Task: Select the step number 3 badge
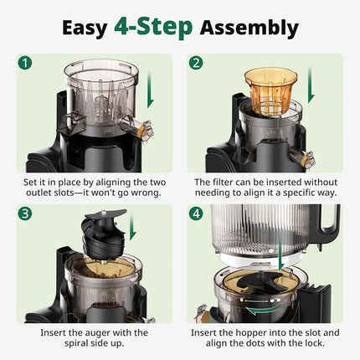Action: tap(26, 213)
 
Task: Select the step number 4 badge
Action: tap(196, 213)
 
